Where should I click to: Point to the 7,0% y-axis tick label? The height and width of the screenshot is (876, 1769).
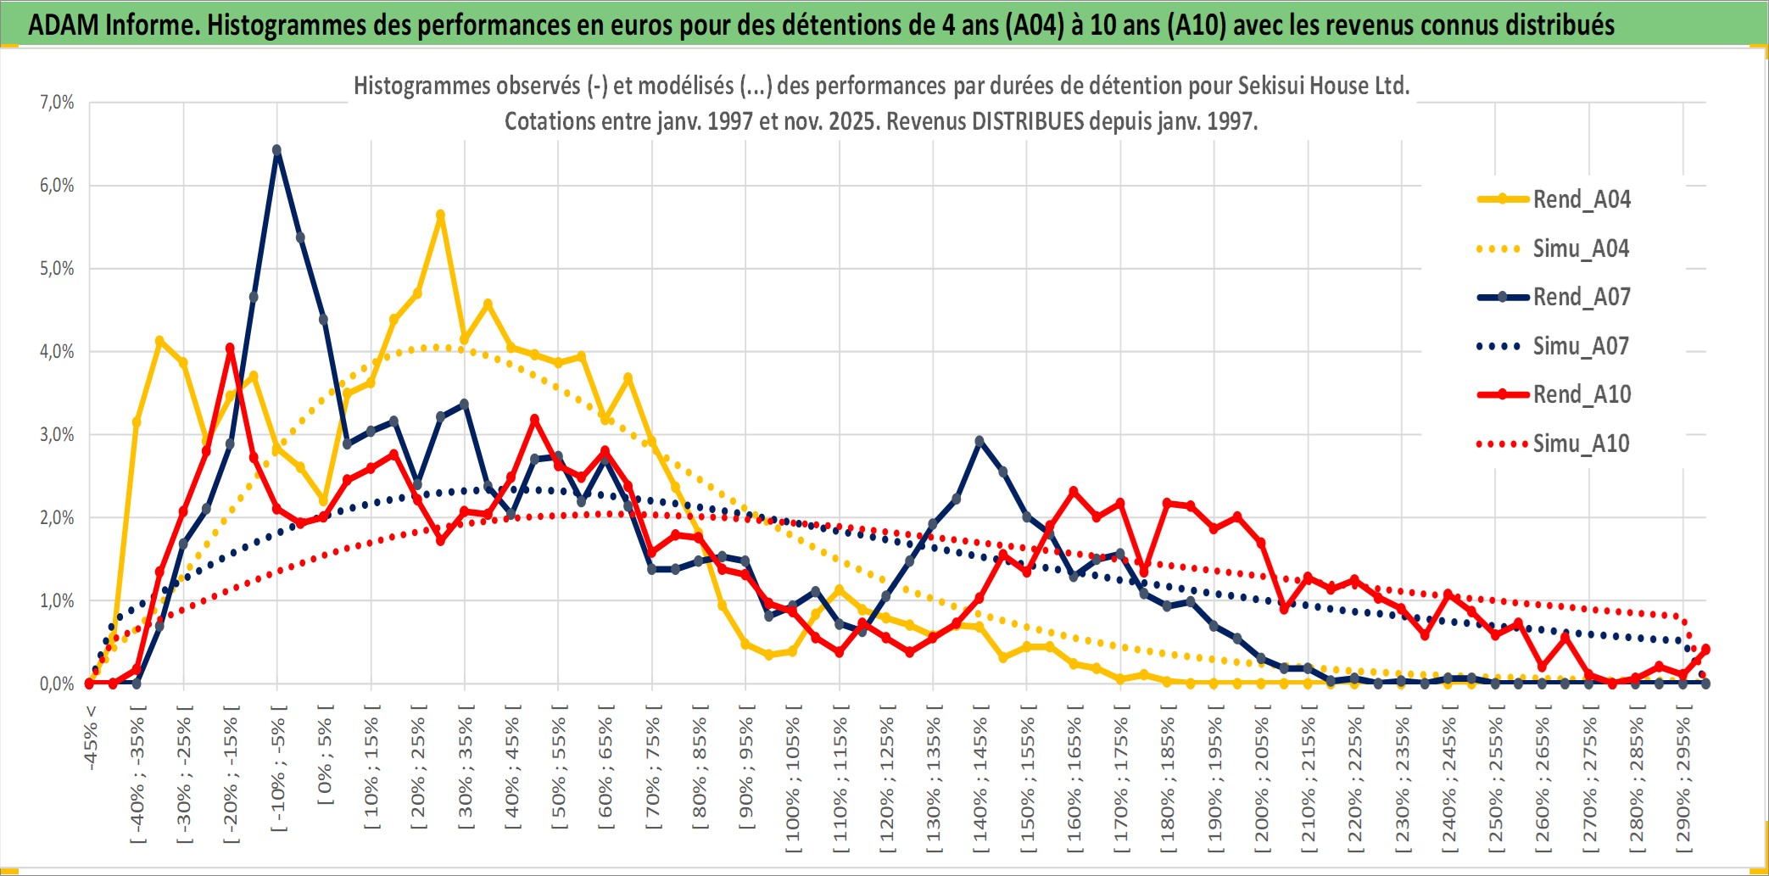coord(57,103)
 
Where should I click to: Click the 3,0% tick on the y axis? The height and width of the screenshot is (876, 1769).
coord(57,435)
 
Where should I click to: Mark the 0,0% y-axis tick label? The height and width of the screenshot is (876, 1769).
coord(57,684)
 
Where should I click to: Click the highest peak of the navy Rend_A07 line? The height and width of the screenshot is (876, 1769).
coord(276,150)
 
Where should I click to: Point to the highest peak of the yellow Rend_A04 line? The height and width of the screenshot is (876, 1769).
coord(440,215)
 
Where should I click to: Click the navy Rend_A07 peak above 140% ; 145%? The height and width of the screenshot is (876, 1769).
coord(979,441)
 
